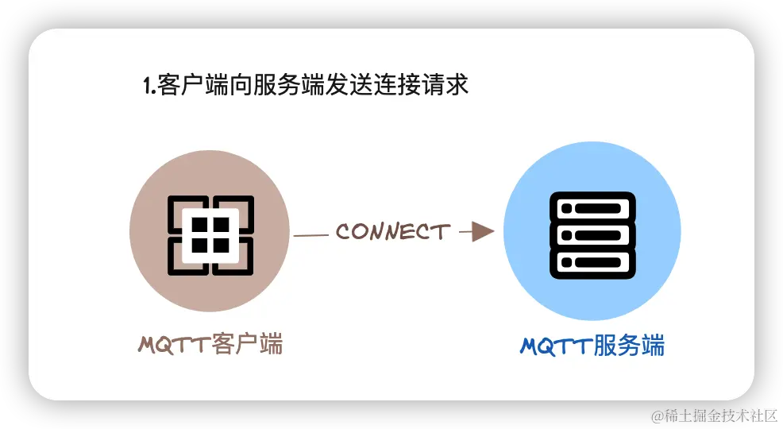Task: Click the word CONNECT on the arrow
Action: [392, 232]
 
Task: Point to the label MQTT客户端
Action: [210, 345]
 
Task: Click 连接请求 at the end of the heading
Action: [422, 85]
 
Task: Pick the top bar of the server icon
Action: [593, 208]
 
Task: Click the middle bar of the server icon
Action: [593, 234]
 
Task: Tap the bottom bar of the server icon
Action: [593, 261]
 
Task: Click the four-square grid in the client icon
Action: [210, 234]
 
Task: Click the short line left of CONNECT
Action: [311, 235]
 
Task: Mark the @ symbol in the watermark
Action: [656, 415]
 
